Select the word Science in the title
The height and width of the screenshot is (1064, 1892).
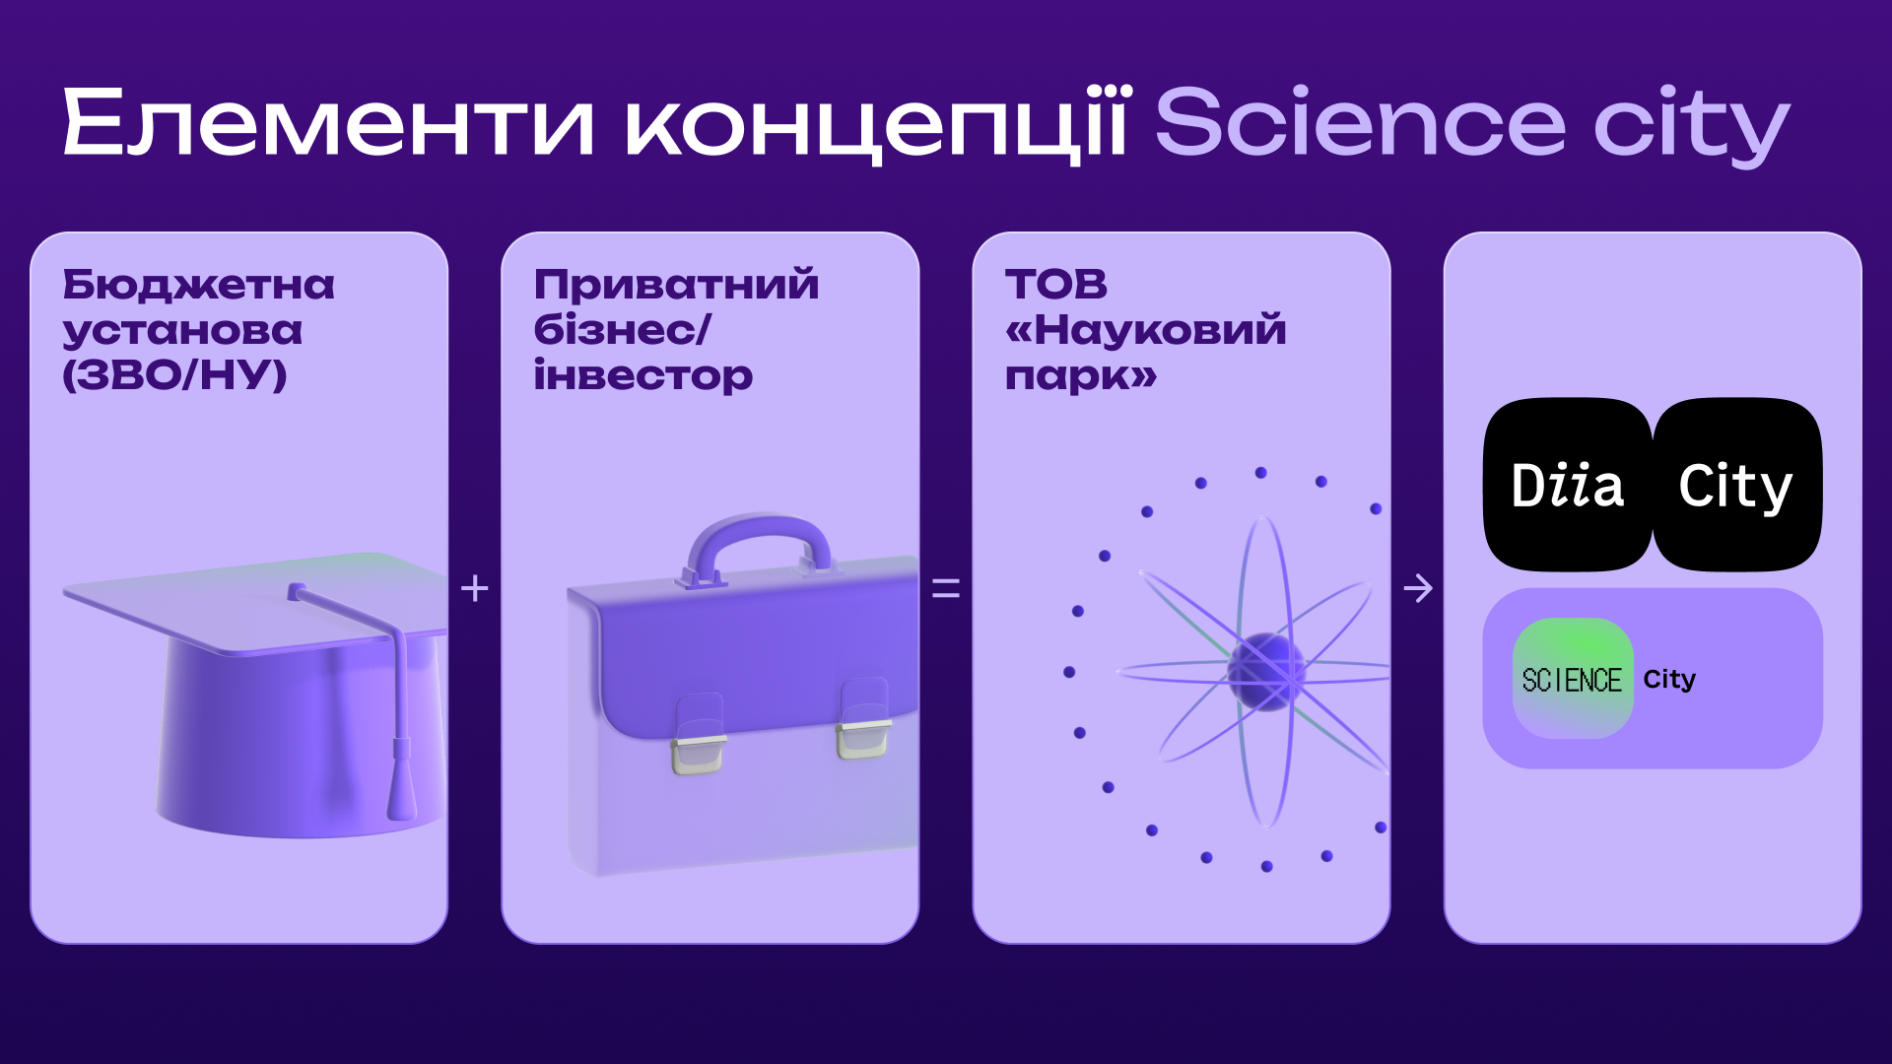(x=1361, y=122)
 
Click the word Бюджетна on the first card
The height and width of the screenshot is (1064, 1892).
(x=199, y=285)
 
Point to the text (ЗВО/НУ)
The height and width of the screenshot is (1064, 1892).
(x=175, y=375)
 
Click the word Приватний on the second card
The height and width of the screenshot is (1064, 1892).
(x=676, y=285)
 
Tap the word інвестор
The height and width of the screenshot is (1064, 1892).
(x=643, y=375)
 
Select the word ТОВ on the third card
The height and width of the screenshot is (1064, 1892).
(x=1056, y=285)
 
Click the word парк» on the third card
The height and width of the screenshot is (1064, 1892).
(x=1081, y=376)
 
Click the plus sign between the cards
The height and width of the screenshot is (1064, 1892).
(x=475, y=588)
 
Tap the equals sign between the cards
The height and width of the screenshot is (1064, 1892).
(x=946, y=588)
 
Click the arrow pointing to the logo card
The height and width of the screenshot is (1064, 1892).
(x=1418, y=588)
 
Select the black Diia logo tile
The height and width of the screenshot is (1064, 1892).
(x=1568, y=485)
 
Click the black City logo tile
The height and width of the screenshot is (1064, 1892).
(x=1737, y=485)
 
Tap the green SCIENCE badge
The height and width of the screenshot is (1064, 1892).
(x=1573, y=679)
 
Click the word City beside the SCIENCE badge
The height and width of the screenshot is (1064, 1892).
(x=1669, y=680)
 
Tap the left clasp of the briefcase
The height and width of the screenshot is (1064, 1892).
(x=699, y=734)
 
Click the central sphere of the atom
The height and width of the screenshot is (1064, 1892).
(x=1265, y=671)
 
